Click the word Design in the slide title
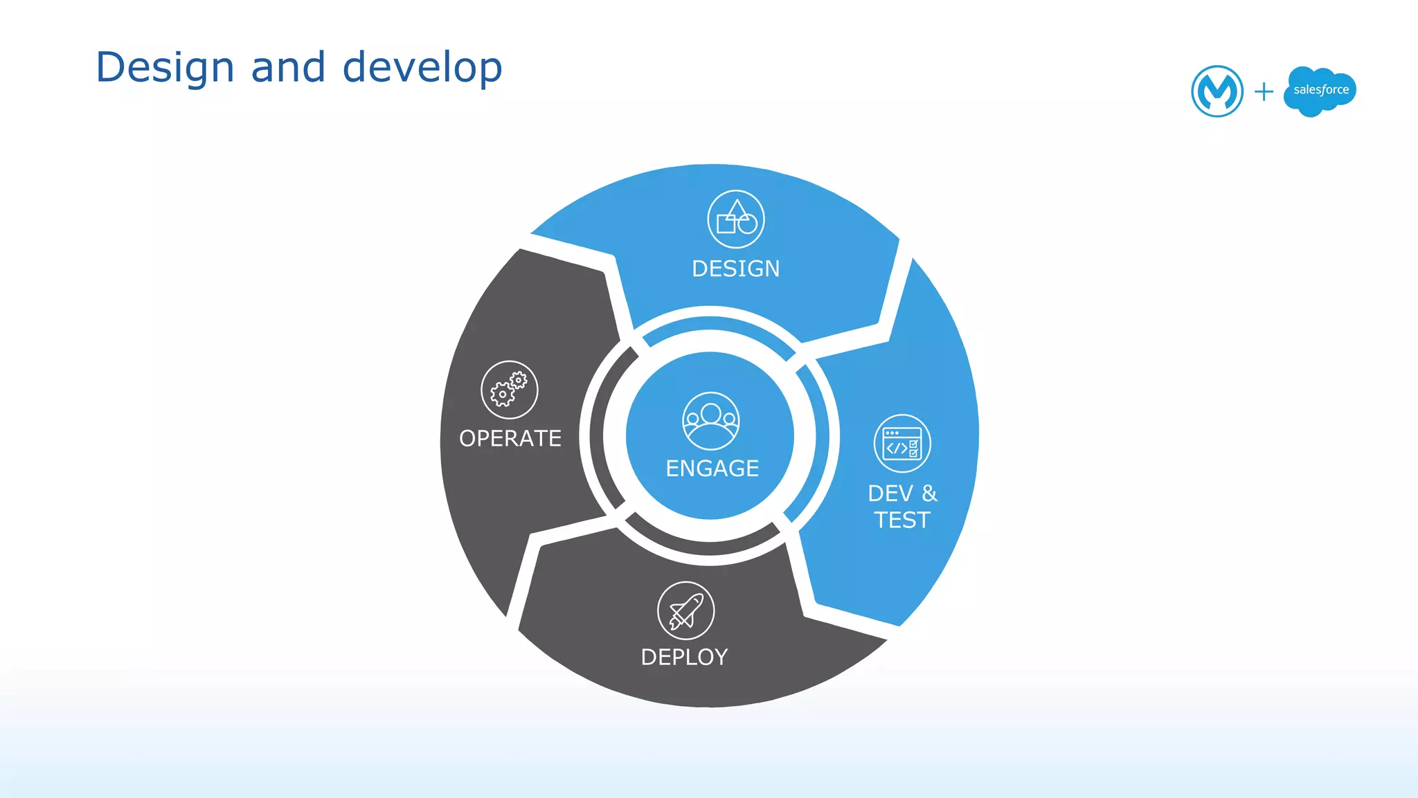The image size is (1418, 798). [165, 68]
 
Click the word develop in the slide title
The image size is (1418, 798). [422, 68]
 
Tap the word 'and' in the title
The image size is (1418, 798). [288, 68]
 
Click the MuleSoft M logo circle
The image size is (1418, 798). [1217, 91]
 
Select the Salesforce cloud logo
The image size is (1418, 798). [1320, 91]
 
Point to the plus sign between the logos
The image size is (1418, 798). [1264, 91]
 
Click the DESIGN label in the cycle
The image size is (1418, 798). [735, 269]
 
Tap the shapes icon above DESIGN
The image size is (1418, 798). [736, 219]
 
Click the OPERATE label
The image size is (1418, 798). [510, 438]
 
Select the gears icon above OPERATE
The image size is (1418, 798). [510, 390]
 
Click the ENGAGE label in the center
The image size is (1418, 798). [712, 469]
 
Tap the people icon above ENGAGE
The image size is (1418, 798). [711, 421]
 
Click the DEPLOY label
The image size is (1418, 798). [684, 657]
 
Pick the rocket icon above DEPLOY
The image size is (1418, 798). [685, 610]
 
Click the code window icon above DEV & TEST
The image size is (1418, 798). [902, 444]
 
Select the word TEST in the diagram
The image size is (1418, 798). [902, 520]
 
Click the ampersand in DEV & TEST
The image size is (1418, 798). [929, 493]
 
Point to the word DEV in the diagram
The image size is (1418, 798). [890, 493]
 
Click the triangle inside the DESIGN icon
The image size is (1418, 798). [737, 209]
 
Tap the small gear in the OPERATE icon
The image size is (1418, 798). [519, 380]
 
